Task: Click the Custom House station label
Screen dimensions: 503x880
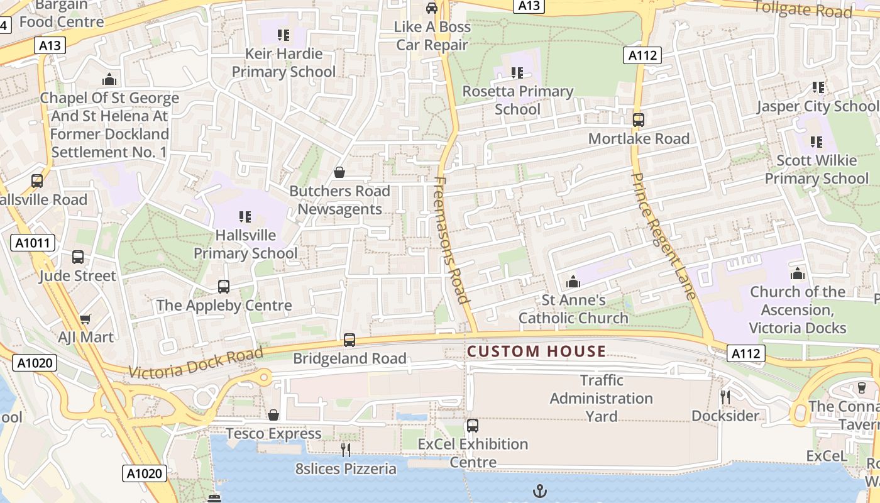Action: pos(537,351)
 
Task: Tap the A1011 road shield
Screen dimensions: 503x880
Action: pos(33,243)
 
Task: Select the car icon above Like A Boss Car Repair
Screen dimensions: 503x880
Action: pos(432,8)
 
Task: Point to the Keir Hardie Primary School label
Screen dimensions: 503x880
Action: pos(283,62)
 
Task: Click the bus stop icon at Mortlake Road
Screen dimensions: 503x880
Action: pos(639,119)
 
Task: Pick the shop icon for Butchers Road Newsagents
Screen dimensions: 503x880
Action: pos(339,172)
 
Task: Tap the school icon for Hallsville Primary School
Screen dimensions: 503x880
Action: pos(245,217)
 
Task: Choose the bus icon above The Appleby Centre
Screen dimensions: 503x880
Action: pos(224,287)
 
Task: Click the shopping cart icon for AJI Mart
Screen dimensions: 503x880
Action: pos(85,319)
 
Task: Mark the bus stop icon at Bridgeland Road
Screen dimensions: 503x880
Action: pos(349,340)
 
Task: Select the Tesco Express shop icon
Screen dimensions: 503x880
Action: pos(273,415)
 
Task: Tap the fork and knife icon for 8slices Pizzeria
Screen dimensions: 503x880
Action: pos(346,450)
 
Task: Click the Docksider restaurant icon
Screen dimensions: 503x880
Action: pos(725,397)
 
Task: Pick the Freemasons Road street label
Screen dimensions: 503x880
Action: pos(452,240)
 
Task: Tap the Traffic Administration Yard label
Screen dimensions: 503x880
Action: pos(602,398)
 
